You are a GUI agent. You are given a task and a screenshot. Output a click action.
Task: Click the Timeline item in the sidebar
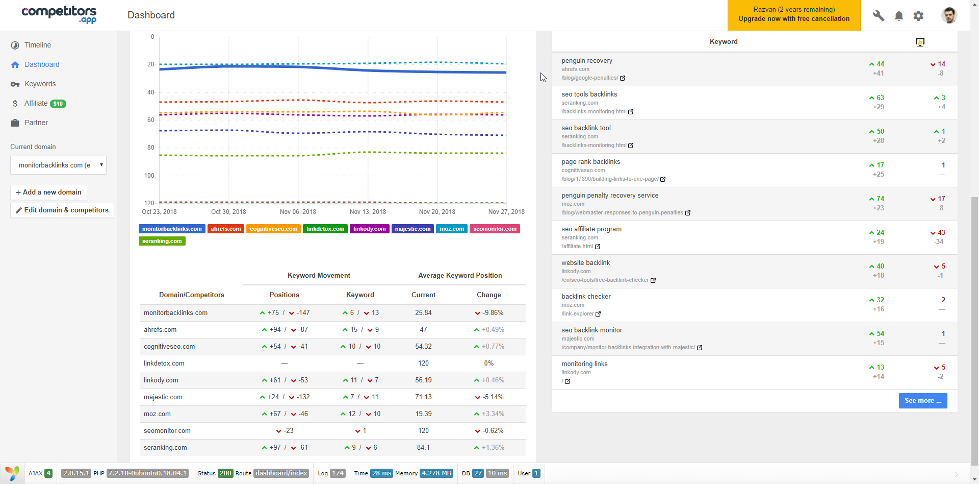click(37, 45)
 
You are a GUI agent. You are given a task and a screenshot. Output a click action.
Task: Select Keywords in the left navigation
click(40, 84)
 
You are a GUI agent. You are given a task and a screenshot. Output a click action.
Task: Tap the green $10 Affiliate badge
click(58, 104)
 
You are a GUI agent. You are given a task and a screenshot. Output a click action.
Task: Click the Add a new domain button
click(48, 192)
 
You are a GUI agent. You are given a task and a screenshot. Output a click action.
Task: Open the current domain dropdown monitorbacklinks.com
click(58, 165)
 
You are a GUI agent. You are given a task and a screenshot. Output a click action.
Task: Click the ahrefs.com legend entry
click(225, 229)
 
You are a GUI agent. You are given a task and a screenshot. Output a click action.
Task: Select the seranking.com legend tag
click(162, 241)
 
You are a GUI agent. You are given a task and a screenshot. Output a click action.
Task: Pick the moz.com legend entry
click(451, 229)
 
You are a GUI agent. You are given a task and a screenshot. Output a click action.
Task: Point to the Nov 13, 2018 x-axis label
click(368, 212)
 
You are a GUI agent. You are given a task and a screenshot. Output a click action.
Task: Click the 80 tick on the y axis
click(150, 148)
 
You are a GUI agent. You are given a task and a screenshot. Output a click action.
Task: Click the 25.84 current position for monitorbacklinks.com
click(423, 313)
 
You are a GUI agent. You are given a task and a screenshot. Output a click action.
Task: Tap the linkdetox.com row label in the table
click(164, 364)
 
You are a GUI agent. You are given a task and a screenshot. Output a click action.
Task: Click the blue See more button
click(922, 401)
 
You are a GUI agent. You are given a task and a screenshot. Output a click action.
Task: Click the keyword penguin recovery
click(587, 61)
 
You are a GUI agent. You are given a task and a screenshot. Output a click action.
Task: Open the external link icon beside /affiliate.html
click(598, 247)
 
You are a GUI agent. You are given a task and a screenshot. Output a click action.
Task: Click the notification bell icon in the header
click(898, 16)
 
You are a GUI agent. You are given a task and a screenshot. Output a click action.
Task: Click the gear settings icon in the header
click(918, 16)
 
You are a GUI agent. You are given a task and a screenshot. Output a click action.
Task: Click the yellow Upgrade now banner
click(793, 15)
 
